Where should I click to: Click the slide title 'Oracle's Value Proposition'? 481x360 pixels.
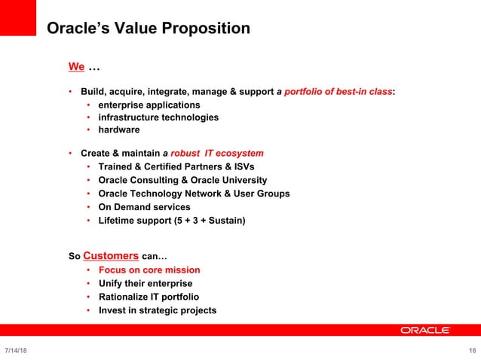click(148, 29)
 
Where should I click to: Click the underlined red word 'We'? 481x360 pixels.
click(76, 67)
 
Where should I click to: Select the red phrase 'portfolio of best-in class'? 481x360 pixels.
click(339, 92)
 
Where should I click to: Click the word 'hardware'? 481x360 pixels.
click(119, 130)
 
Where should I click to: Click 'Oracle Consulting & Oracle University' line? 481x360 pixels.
click(182, 180)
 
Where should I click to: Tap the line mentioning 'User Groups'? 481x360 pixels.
click(194, 194)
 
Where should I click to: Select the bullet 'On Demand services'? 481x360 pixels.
click(144, 207)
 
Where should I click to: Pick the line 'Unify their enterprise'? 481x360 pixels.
click(146, 283)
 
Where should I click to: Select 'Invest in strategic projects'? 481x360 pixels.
click(158, 310)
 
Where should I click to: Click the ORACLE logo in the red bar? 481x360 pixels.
click(425, 330)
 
